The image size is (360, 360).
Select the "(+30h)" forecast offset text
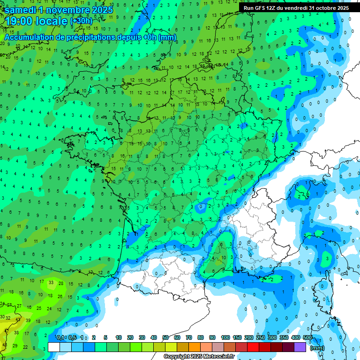81,22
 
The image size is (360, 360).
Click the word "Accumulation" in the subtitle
30,37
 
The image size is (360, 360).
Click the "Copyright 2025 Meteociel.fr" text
199,357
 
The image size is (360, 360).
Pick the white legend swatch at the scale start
54,347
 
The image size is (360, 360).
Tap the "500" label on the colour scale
307,338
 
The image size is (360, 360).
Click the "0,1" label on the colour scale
60,338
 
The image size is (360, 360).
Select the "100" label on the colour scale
225,338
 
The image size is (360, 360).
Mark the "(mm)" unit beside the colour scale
317,348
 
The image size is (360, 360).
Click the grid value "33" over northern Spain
51,283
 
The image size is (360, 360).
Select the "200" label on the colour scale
248,338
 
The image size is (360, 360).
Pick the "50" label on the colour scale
165,338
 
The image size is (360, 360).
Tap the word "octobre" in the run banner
326,8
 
